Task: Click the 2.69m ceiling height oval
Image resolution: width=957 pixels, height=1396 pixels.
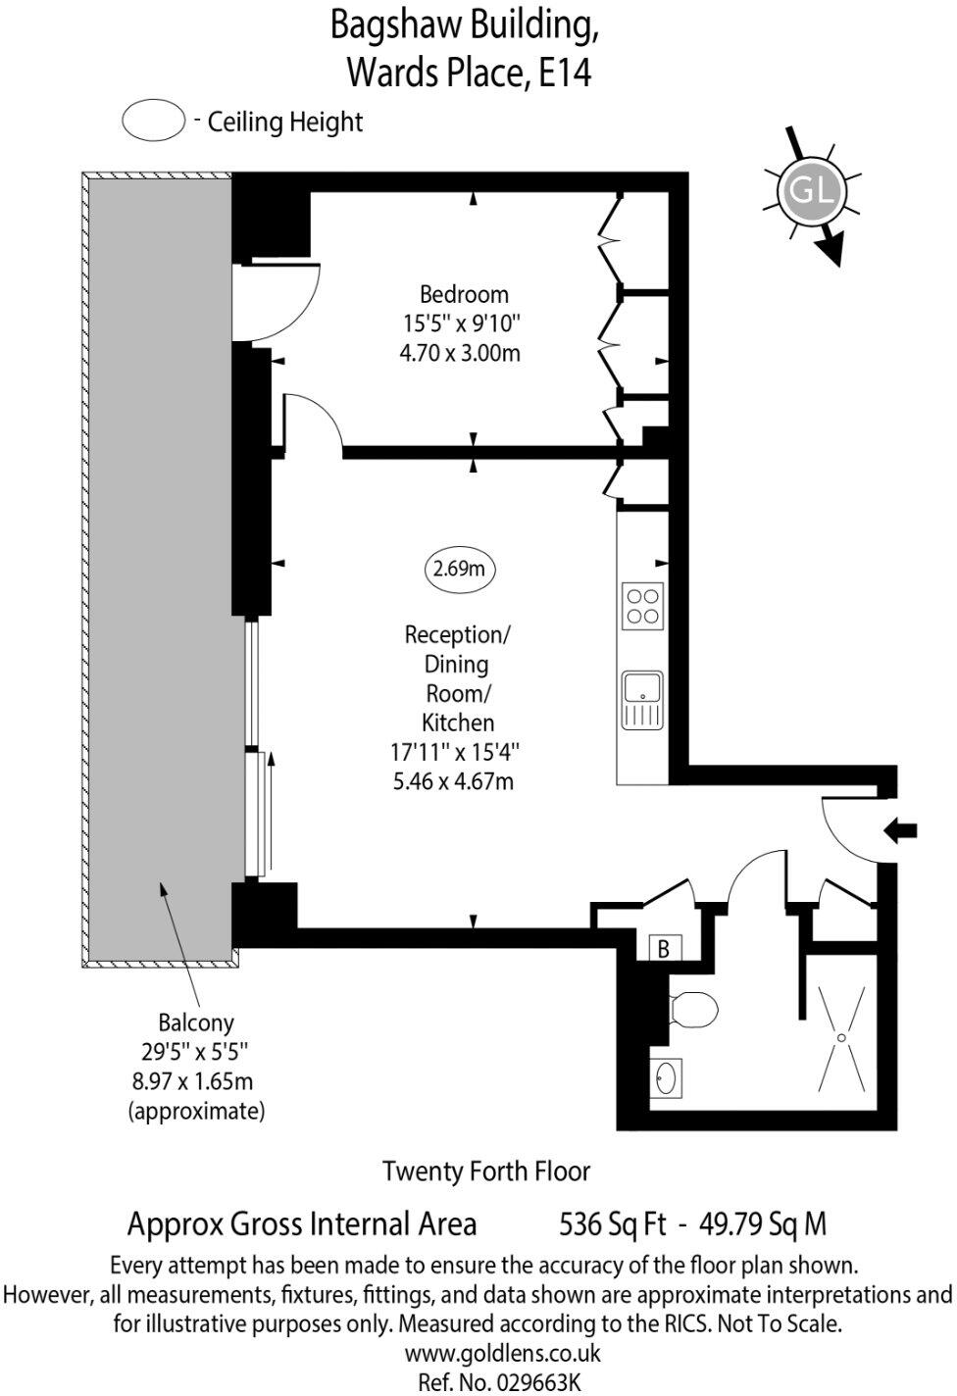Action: click(459, 569)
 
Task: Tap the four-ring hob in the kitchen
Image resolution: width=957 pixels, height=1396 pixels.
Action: click(642, 606)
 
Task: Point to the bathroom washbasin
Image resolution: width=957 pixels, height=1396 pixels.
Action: click(667, 1078)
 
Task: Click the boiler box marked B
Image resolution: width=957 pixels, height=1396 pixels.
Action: click(664, 948)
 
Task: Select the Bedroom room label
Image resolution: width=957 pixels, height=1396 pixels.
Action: click(464, 294)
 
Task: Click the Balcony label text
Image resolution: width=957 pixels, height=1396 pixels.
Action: click(196, 1022)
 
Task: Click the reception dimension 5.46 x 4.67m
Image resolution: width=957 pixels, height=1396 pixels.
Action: click(452, 781)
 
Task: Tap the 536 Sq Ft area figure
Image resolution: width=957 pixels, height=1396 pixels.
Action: click(613, 1223)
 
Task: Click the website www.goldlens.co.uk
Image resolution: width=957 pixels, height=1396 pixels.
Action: click(502, 1354)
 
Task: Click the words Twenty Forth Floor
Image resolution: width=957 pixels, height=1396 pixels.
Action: click(486, 1171)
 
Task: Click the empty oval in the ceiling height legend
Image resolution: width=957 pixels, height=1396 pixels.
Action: click(154, 122)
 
